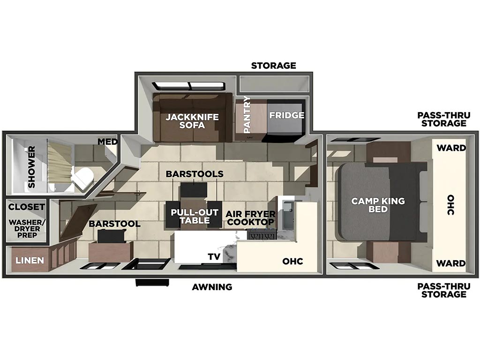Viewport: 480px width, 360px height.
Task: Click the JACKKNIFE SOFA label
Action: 192,121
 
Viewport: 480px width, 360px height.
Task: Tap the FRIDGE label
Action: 287,115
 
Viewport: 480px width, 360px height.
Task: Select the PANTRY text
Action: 247,114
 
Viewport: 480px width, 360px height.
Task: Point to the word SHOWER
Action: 31,167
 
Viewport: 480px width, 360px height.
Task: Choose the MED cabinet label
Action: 108,142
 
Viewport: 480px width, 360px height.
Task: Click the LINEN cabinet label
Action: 30,261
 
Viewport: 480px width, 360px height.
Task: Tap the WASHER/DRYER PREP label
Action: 27,229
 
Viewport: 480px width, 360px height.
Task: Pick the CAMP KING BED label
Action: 378,205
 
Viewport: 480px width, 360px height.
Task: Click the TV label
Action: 214,256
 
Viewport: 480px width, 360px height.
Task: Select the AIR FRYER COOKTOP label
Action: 251,218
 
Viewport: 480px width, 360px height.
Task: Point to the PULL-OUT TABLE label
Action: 195,216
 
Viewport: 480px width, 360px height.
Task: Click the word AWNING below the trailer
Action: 212,287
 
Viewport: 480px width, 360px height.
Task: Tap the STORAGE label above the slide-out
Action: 273,65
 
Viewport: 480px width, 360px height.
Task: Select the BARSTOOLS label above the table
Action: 195,174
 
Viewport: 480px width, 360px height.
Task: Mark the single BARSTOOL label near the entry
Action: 114,224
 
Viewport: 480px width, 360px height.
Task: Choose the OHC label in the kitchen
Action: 292,261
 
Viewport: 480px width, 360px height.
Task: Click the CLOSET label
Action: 26,207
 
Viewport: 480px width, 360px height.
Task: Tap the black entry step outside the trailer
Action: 152,283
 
